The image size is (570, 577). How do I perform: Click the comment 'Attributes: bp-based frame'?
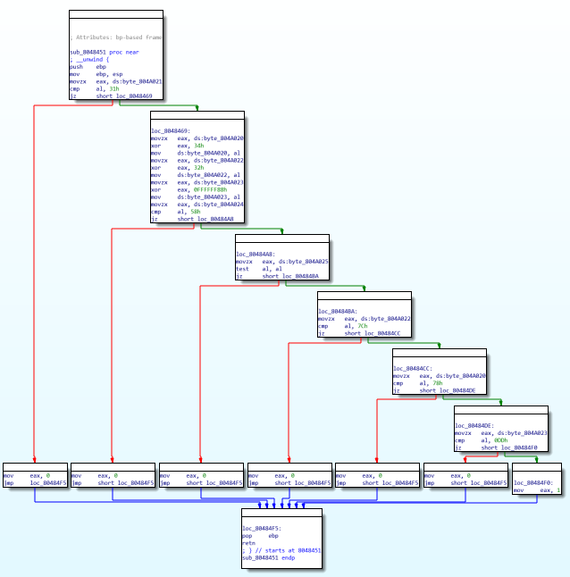coord(117,38)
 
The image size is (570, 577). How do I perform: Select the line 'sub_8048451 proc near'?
coord(105,53)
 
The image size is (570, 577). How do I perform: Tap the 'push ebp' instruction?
coord(89,67)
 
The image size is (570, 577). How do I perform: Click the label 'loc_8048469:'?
coord(171,131)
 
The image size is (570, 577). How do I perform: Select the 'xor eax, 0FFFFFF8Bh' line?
coord(189,189)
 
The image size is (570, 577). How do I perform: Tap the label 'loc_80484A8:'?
coord(256,255)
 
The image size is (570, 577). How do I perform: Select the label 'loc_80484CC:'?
coord(413,369)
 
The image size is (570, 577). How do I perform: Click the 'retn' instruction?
coord(249,543)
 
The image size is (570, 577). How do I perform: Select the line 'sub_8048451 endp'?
coord(269,557)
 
